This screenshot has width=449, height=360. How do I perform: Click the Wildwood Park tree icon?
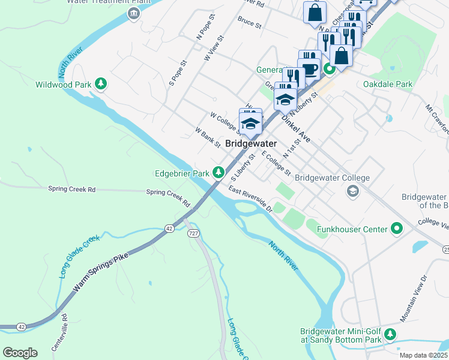coord(101,84)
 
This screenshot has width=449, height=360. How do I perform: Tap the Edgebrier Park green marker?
coord(219,173)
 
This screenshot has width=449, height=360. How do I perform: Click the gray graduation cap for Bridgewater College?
coord(353,191)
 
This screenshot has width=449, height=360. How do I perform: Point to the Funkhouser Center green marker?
coord(397,228)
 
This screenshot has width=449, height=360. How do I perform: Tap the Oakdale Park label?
coord(388,84)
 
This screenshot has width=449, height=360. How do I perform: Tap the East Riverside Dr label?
coord(250,199)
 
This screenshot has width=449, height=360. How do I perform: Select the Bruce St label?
coord(250,23)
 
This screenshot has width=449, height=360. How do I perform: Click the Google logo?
coord(20,352)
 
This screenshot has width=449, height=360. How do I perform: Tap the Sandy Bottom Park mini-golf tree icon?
coord(391,334)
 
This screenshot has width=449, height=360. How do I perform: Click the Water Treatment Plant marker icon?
coord(133,13)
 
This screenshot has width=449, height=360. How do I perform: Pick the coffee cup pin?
coord(309,68)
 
